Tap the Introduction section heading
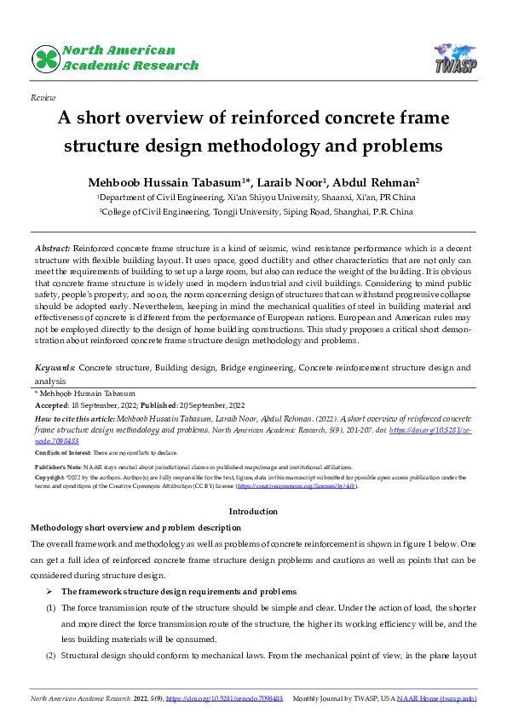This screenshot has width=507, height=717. [x=253, y=511]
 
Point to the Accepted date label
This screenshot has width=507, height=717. [x=49, y=406]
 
